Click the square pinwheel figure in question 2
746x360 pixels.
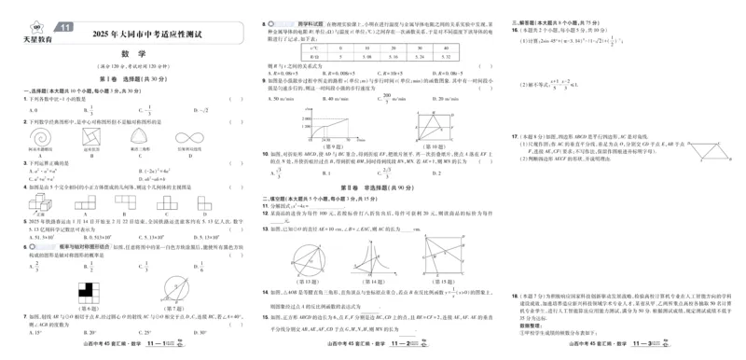click(90, 137)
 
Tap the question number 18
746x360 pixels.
click(515, 295)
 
